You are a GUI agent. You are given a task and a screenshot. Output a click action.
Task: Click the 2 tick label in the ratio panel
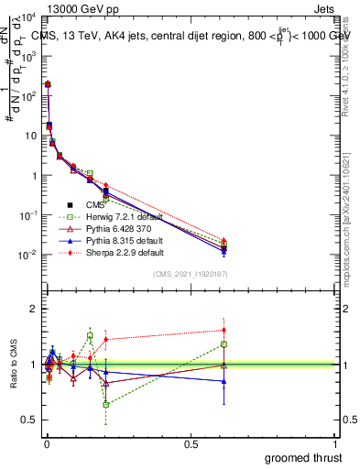[x=33, y=309]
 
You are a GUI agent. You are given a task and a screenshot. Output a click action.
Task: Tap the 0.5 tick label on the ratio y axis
[x=29, y=420]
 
